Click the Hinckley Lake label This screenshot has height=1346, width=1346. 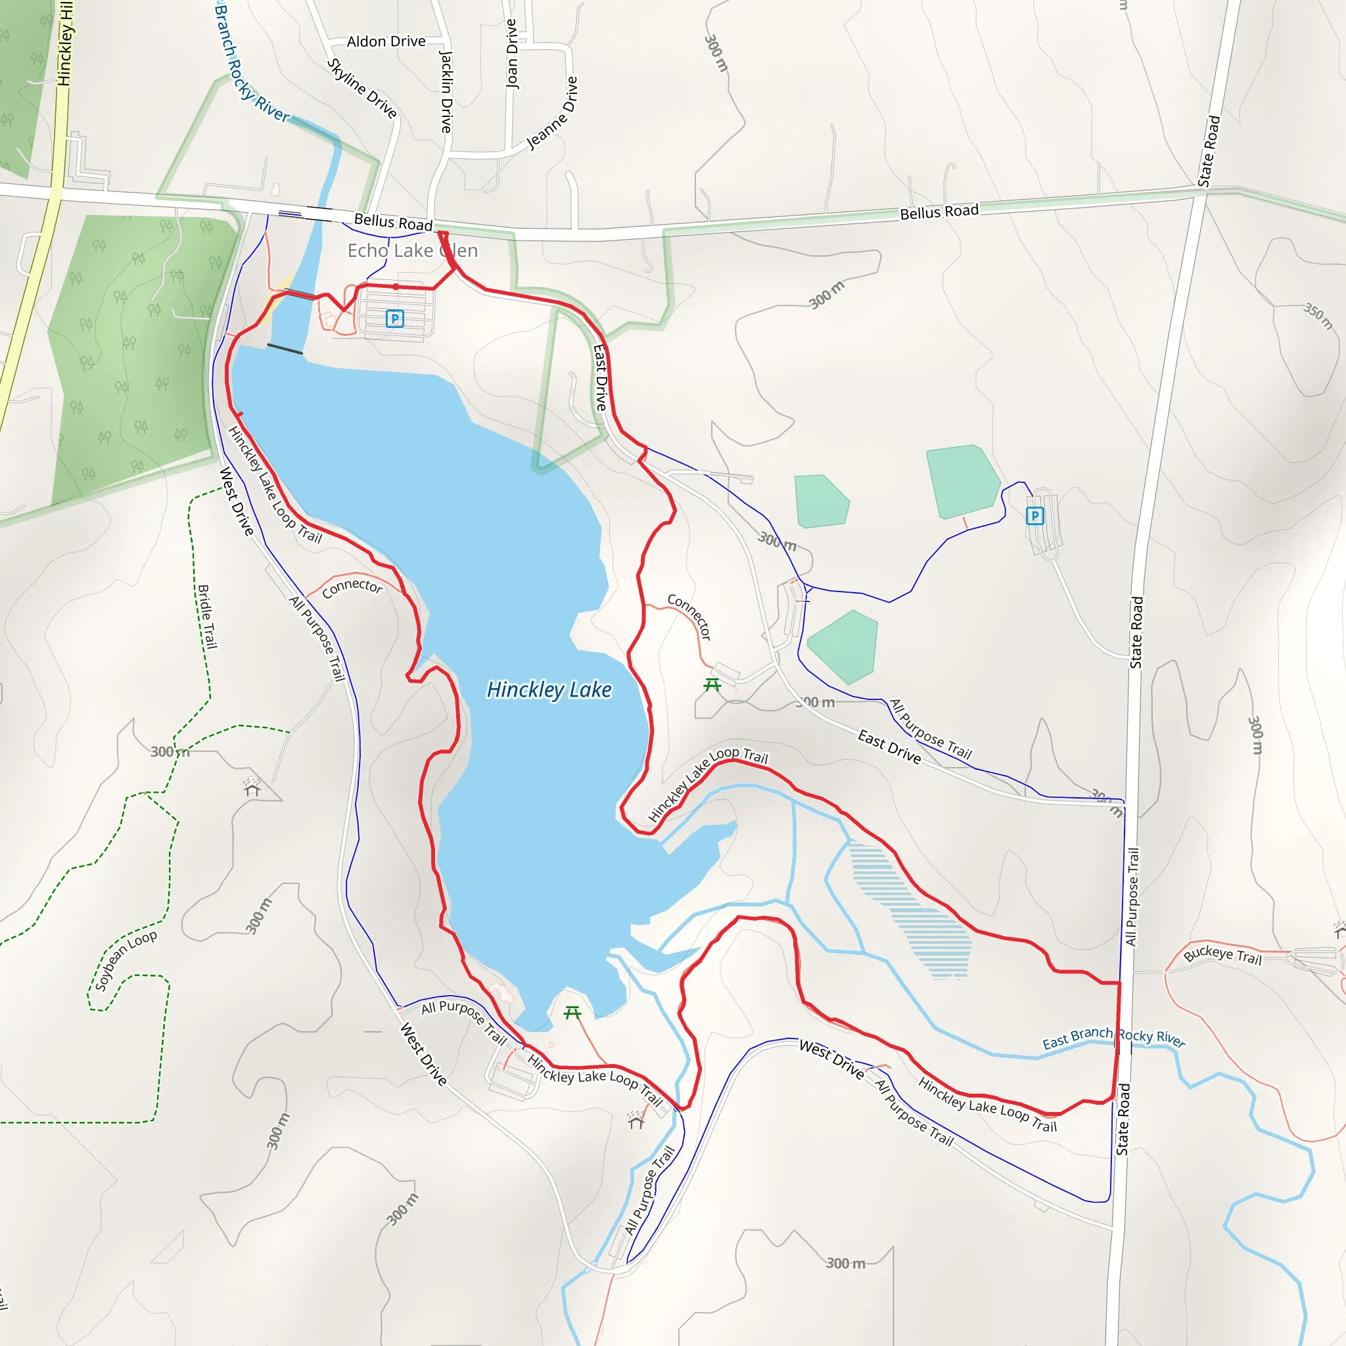click(x=549, y=689)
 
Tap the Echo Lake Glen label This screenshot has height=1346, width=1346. click(x=413, y=251)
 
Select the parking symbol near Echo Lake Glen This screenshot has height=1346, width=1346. click(x=395, y=319)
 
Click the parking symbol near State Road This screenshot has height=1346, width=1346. click(x=1034, y=515)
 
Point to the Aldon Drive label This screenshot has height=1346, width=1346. click(x=386, y=42)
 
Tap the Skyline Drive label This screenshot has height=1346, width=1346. click(x=362, y=89)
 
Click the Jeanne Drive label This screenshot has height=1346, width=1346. click(x=553, y=113)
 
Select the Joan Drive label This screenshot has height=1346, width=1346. click(x=512, y=54)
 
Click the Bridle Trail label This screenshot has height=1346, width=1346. click(x=208, y=616)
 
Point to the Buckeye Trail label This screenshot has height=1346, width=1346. click(x=1222, y=954)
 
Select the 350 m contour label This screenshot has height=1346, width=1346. click(x=1318, y=315)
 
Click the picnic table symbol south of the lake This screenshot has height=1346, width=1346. click(x=572, y=1012)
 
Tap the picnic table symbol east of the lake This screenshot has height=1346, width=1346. click(x=712, y=685)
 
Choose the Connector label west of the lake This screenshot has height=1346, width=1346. click(x=352, y=588)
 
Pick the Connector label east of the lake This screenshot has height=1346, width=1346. click(x=689, y=616)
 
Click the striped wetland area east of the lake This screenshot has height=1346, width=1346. click(x=919, y=906)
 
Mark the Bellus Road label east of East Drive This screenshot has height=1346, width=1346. click(x=939, y=212)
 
